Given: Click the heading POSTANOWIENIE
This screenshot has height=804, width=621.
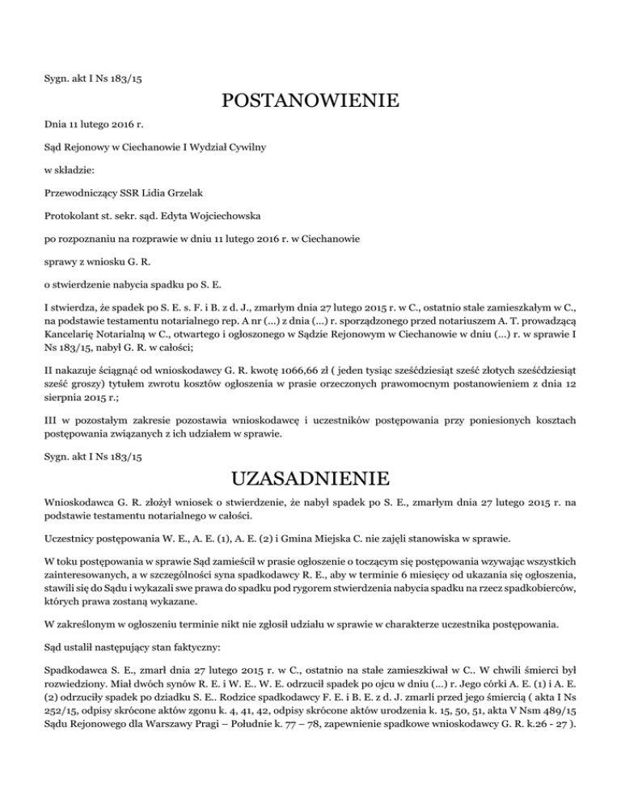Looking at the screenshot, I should pyautogui.click(x=310, y=102).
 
